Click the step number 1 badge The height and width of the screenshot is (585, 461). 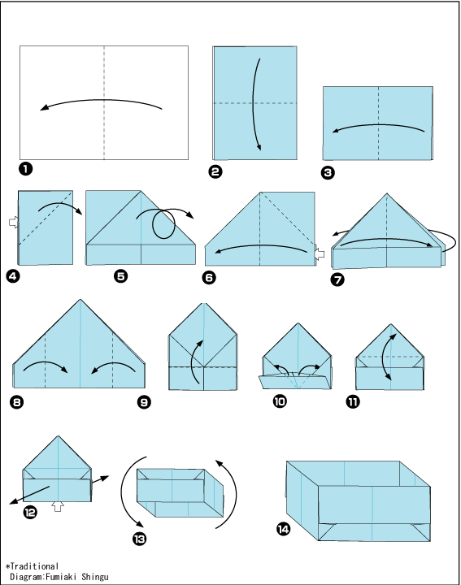(x=26, y=169)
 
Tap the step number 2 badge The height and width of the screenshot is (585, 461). (x=215, y=171)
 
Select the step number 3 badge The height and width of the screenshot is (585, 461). (x=328, y=172)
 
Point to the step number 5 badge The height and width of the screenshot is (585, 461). (x=121, y=276)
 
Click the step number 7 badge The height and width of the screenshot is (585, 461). (x=337, y=279)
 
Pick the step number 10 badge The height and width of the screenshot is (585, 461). (x=280, y=401)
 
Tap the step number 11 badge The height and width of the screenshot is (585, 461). (x=353, y=401)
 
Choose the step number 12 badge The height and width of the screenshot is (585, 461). (x=30, y=512)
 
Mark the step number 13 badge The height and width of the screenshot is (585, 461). (x=139, y=539)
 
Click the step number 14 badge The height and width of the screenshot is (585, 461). (x=283, y=529)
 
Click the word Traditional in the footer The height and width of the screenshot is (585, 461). (x=34, y=566)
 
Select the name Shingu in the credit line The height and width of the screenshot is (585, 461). (x=95, y=577)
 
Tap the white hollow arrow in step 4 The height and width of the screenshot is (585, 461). (x=14, y=223)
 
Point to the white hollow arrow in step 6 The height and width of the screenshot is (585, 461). (x=320, y=254)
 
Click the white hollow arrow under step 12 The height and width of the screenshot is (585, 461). (x=58, y=506)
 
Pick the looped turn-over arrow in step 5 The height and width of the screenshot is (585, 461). (x=163, y=224)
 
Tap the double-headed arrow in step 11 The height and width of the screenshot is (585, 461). (x=387, y=357)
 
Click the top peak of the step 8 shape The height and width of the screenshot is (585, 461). (x=80, y=299)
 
